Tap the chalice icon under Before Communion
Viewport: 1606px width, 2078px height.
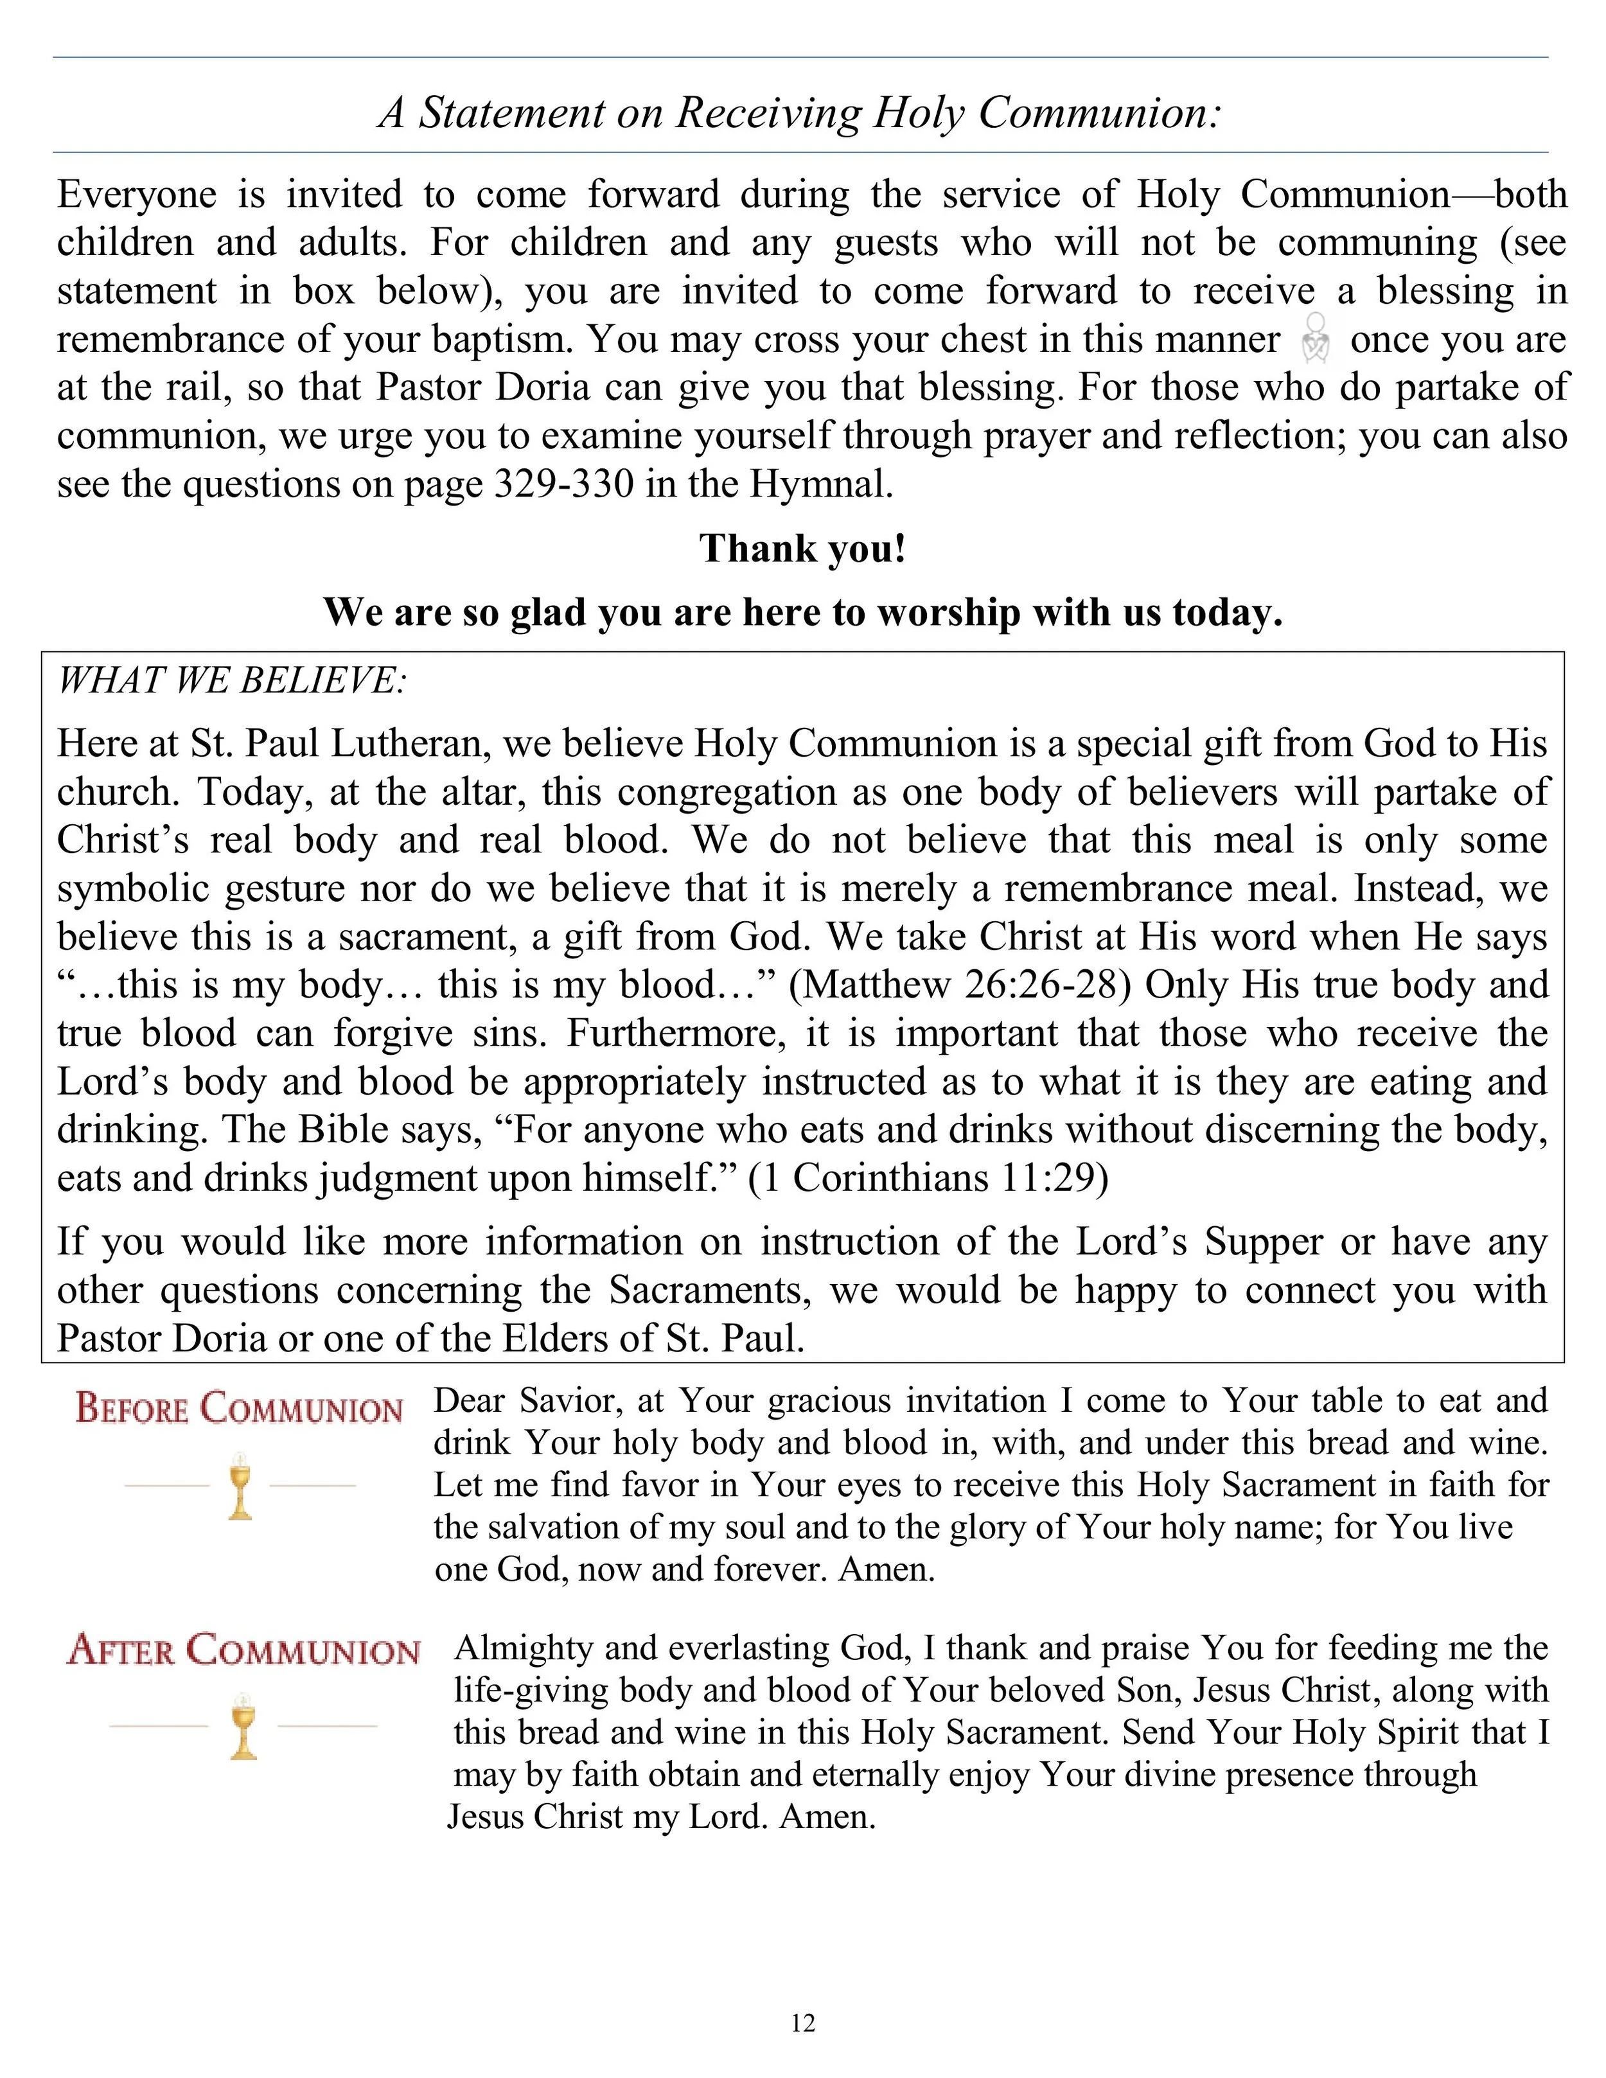(x=240, y=1485)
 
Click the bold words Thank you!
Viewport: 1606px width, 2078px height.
(x=803, y=549)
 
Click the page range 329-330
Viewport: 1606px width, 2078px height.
(x=564, y=484)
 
